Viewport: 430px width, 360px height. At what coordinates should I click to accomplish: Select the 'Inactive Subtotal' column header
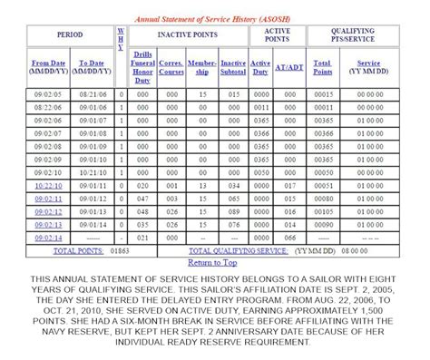pos(233,66)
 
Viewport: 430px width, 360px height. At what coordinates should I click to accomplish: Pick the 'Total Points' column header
pos(322,66)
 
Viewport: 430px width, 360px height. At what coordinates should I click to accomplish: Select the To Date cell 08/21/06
pos(91,94)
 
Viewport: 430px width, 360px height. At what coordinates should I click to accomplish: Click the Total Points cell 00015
pos(322,94)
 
